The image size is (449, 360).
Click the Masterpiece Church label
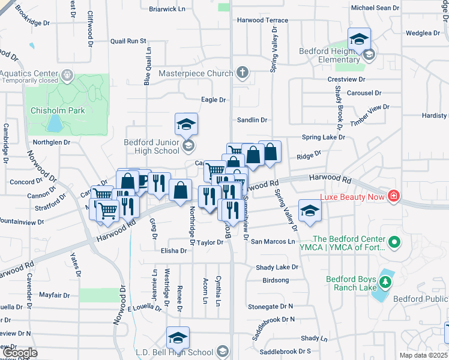click(195, 73)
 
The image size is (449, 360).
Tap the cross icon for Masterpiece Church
click(243, 73)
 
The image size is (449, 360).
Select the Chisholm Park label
click(59, 110)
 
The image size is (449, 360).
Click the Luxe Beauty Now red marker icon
click(394, 196)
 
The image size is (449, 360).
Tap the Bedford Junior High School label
click(151, 146)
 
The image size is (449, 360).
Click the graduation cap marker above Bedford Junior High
click(187, 124)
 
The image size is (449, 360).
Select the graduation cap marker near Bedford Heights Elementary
click(359, 39)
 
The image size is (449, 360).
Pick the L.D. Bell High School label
click(175, 352)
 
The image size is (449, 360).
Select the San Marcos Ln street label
click(273, 241)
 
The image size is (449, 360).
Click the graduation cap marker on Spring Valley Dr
click(310, 211)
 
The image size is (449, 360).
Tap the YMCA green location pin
click(394, 243)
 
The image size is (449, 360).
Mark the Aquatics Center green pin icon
click(67, 76)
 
